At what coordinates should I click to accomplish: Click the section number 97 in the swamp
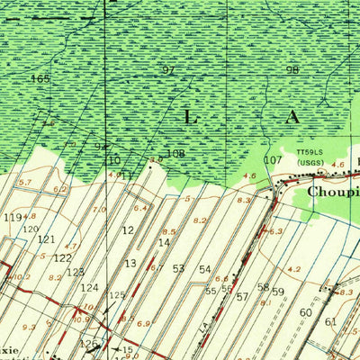[x=168, y=70]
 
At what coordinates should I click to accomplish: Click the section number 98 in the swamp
[x=292, y=70]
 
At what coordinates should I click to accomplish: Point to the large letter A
[x=293, y=117]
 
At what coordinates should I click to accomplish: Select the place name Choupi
[x=334, y=192]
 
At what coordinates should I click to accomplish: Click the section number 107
[x=272, y=159]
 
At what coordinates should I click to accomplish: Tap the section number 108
[x=175, y=154]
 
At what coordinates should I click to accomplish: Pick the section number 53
[x=178, y=268]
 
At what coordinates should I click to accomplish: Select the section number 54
[x=205, y=269]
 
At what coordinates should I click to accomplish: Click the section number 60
[x=306, y=312]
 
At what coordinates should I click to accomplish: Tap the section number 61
[x=330, y=321]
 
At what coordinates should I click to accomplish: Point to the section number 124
[x=90, y=288]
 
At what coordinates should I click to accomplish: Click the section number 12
[x=128, y=230]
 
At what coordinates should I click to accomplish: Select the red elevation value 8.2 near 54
[x=200, y=220]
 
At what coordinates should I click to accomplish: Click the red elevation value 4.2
[x=293, y=268]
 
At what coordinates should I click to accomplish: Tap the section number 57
[x=242, y=296]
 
